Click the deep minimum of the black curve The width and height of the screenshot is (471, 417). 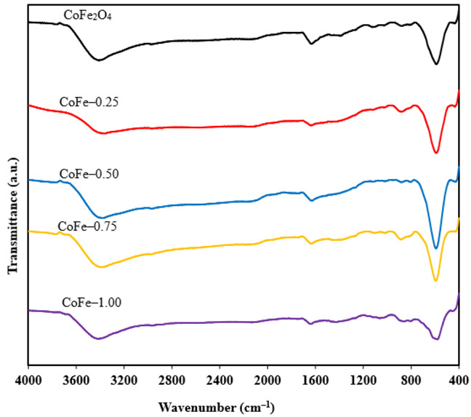[x=435, y=63]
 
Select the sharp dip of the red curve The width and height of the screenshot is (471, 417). [x=436, y=152]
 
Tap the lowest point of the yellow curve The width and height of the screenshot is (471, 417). [x=435, y=280]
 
